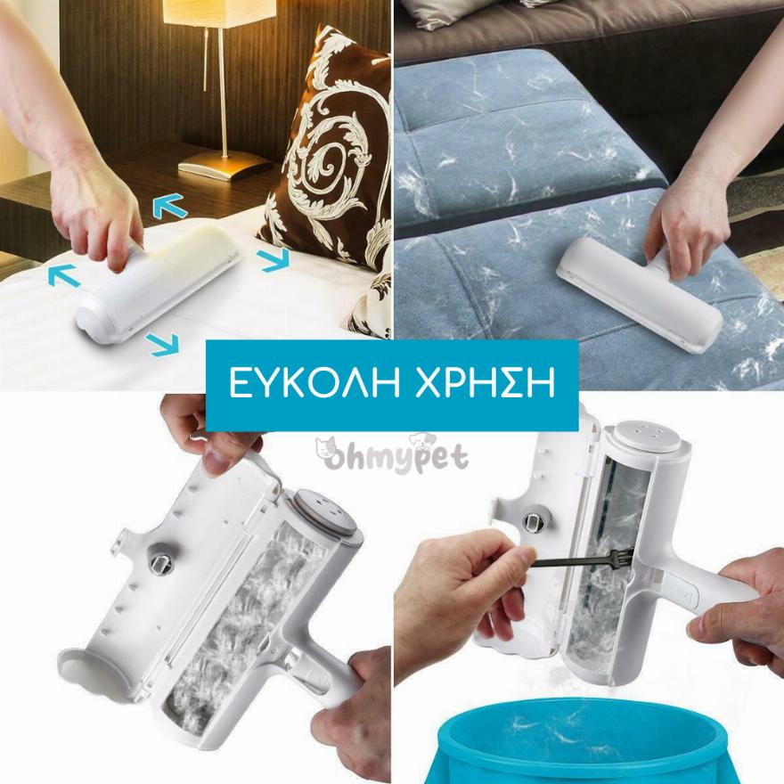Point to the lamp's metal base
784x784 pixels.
(x=225, y=164)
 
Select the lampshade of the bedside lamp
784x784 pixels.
(x=219, y=12)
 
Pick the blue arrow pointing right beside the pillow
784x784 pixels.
(x=274, y=258)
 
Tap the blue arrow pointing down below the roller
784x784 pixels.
(x=163, y=344)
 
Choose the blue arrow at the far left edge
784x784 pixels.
(x=64, y=275)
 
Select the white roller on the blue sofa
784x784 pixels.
(x=641, y=295)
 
